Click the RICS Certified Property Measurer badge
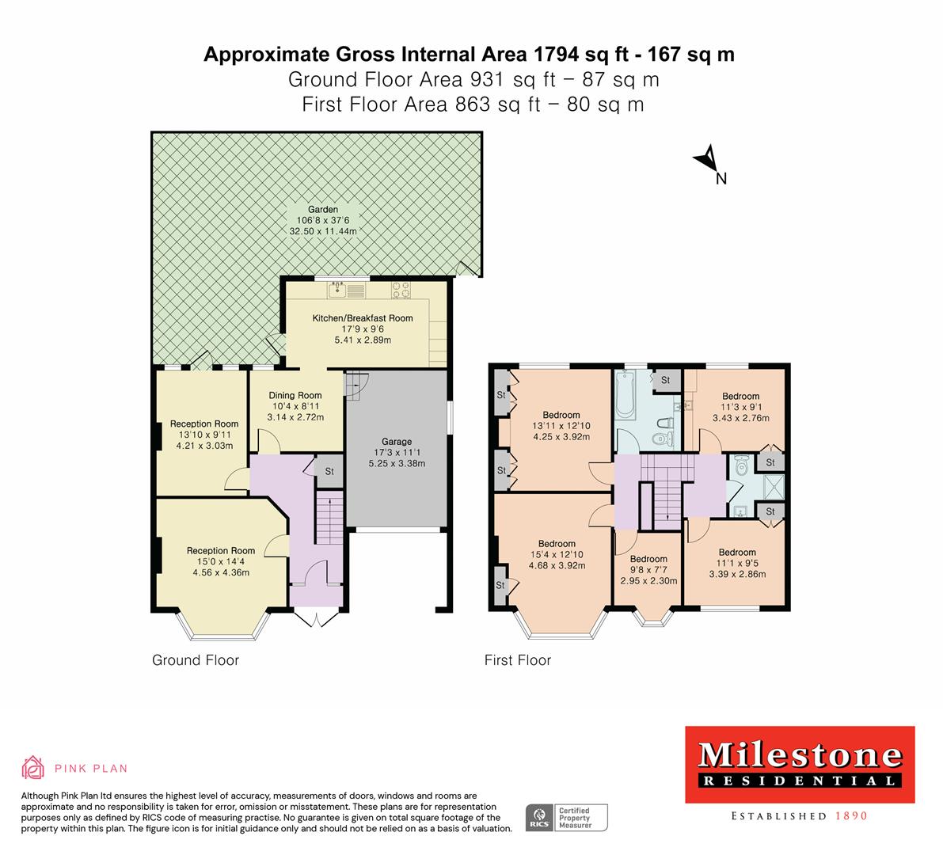pyautogui.click(x=567, y=817)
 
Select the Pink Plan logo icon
pyautogui.click(x=33, y=767)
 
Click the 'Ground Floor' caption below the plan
pyautogui.click(x=195, y=659)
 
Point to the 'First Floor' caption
pyautogui.click(x=517, y=659)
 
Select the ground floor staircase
pyautogui.click(x=329, y=519)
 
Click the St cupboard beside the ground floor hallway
pyautogui.click(x=329, y=471)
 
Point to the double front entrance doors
pyautogui.click(x=314, y=617)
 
